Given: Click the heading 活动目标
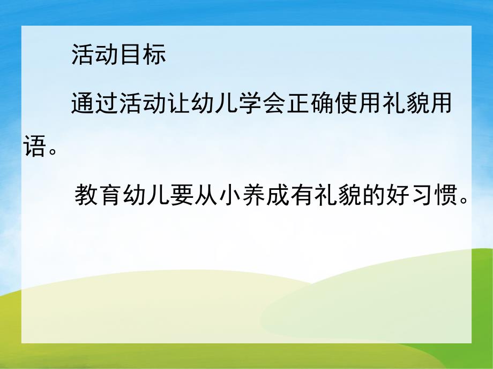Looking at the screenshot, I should point(118,55).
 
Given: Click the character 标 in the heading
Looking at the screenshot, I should point(155,55).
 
